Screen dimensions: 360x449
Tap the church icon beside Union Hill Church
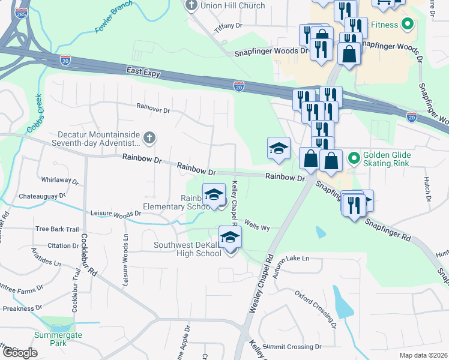click(192, 6)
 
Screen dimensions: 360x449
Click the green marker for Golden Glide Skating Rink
click(354, 158)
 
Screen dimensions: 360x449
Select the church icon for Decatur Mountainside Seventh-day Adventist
click(149, 139)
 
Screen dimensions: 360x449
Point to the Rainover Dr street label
click(154, 110)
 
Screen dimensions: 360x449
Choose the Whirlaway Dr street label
click(59, 179)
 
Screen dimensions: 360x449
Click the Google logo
click(19, 353)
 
